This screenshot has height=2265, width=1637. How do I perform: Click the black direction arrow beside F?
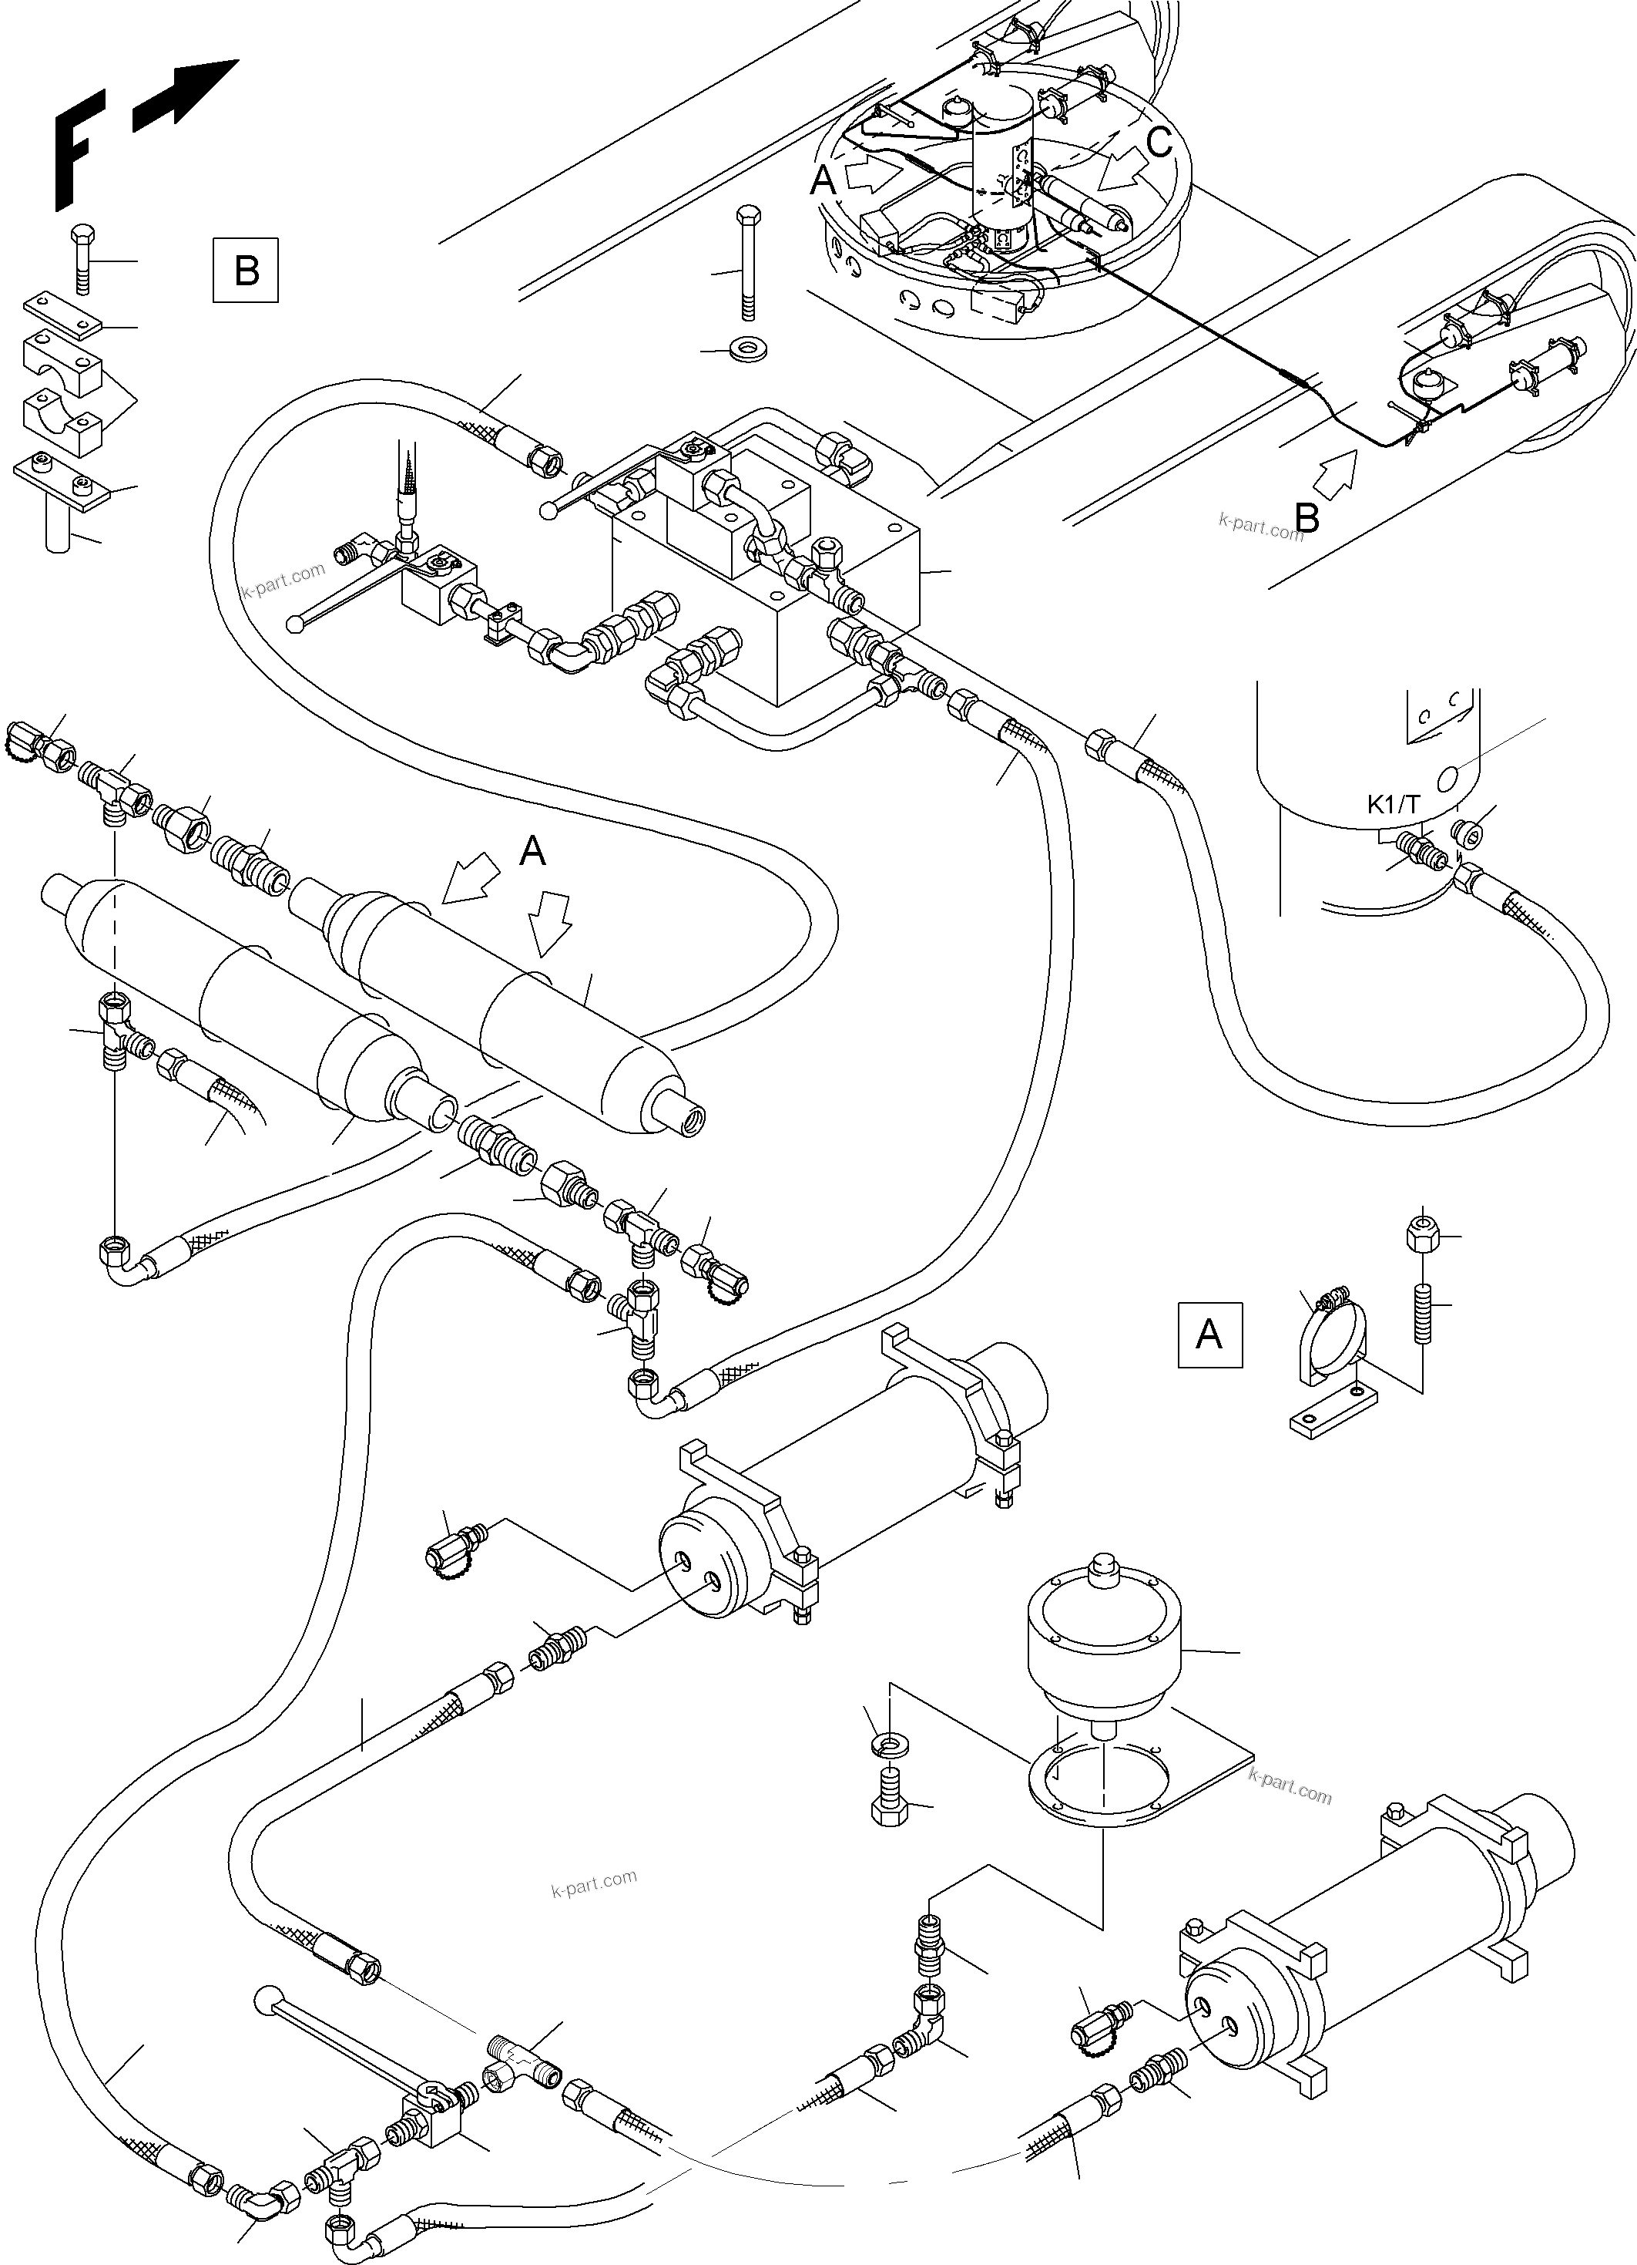pos(186,95)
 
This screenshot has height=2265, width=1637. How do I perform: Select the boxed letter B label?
pos(246,270)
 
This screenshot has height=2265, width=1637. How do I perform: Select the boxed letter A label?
pos(1209,1334)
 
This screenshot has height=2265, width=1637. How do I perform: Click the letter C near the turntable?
pos(1159,143)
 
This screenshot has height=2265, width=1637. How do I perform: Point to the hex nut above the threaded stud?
pos(1421,1237)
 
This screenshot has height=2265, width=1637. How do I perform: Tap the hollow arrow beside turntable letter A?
pos(871,176)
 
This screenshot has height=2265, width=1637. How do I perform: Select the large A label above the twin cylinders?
pos(533,851)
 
